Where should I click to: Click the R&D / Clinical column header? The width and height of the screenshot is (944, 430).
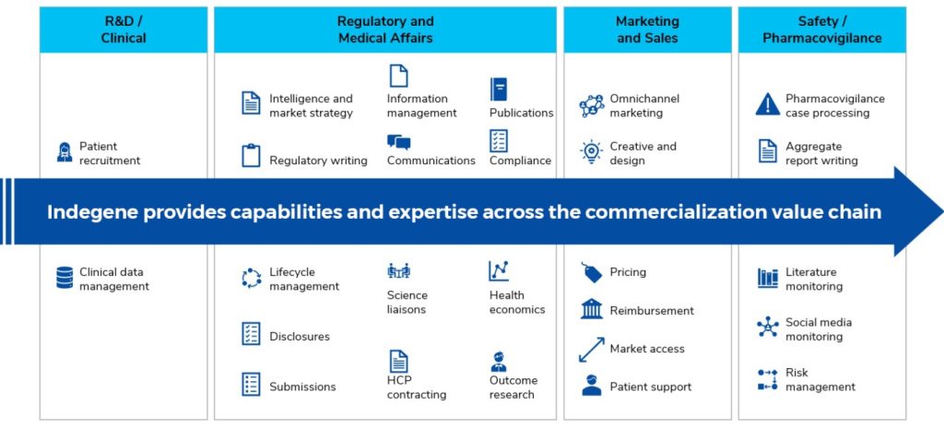tap(123, 30)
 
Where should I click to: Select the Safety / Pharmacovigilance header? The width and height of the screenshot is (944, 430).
tap(821, 30)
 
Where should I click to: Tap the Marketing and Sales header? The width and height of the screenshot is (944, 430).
tap(647, 30)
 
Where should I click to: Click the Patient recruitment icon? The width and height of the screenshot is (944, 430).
tap(65, 153)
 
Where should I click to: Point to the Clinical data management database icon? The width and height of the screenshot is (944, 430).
tap(65, 278)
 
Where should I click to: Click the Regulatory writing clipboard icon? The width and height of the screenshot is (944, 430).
tap(251, 155)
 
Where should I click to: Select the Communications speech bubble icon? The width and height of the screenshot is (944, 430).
tap(398, 142)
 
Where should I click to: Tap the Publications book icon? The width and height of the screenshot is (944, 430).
tap(499, 89)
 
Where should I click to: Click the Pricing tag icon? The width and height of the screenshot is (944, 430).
tap(591, 272)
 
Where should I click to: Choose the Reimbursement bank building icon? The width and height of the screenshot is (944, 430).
tap(591, 309)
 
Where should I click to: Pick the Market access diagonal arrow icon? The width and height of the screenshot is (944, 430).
tap(591, 349)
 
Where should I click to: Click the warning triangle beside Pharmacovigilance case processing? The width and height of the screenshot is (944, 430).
tap(767, 104)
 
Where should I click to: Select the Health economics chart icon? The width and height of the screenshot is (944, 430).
tap(499, 271)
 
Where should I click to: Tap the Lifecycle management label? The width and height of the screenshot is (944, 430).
tap(304, 279)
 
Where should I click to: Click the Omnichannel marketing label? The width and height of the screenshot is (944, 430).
tap(636, 105)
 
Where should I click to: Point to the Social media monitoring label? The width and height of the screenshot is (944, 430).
tap(819, 329)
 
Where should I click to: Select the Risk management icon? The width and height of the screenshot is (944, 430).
tap(767, 379)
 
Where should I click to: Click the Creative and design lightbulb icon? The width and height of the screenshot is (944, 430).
tap(591, 152)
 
